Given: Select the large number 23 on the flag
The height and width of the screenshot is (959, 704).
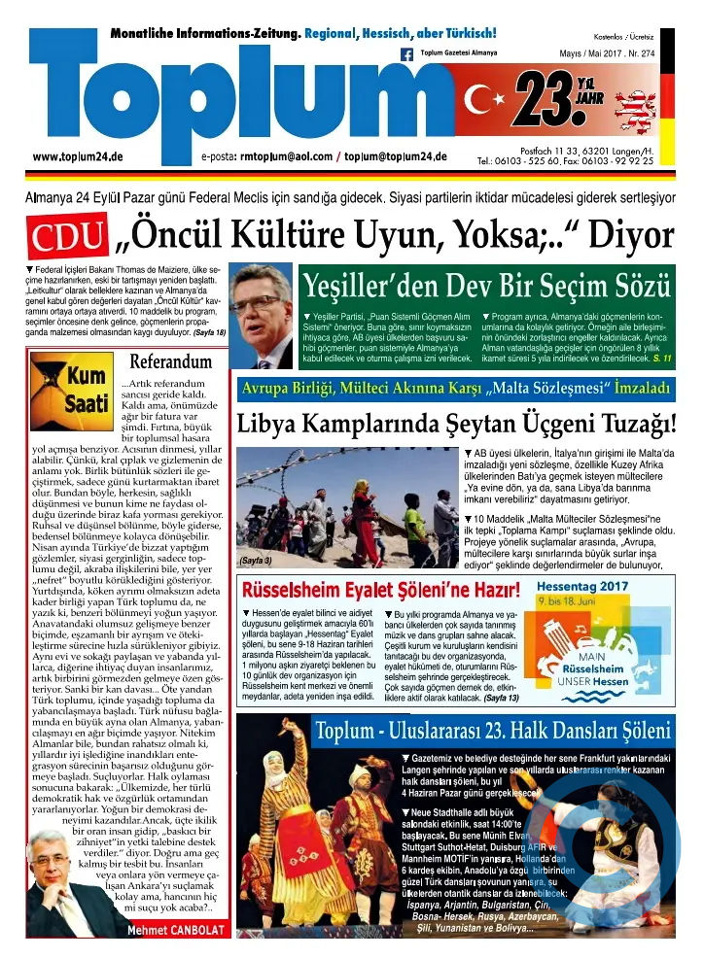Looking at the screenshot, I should [549, 99].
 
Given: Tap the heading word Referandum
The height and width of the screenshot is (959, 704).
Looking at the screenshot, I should [170, 361].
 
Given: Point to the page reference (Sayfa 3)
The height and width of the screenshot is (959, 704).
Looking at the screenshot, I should [255, 561].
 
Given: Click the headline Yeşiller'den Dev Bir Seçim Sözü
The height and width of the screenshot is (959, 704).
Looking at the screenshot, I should [486, 286].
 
